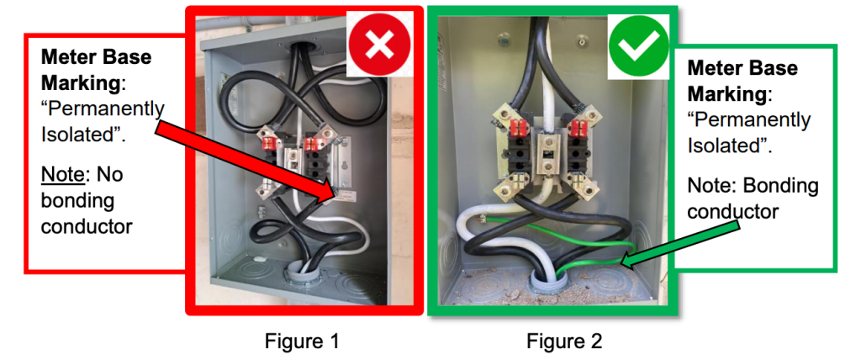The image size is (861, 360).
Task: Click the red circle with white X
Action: tap(379, 44)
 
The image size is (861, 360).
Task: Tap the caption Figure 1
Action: tap(302, 341)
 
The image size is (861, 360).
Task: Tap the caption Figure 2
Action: tap(564, 341)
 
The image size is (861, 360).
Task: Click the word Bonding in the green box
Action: tap(781, 186)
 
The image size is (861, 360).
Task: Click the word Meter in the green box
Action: tap(713, 68)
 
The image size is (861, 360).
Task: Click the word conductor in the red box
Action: tap(87, 226)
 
